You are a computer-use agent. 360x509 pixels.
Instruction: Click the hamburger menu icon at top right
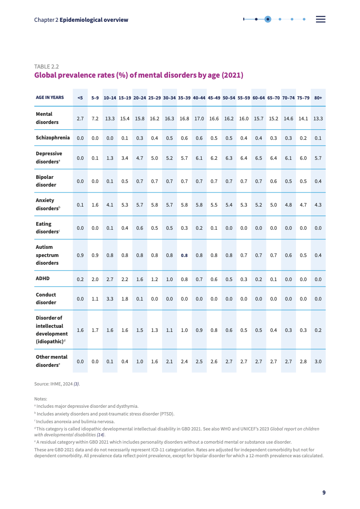[321, 19]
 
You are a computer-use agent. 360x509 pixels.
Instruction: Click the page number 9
[324, 493]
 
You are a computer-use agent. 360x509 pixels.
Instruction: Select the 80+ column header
[318, 98]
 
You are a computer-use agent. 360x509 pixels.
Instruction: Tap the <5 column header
[80, 98]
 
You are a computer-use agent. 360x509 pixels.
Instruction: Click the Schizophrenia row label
[53, 138]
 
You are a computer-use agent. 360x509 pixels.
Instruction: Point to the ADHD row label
[43, 279]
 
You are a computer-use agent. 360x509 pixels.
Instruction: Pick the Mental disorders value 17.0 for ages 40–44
[199, 119]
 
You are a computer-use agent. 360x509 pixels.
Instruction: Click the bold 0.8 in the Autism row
[184, 255]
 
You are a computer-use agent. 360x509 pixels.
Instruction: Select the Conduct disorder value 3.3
[110, 299]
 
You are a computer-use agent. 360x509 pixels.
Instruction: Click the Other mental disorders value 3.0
[318, 361]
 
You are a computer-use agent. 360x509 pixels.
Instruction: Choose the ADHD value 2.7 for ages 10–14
[110, 279]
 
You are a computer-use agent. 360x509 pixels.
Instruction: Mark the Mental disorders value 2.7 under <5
[80, 119]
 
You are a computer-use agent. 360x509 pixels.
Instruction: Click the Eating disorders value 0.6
[139, 228]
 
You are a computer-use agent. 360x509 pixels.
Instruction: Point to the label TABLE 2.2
[47, 66]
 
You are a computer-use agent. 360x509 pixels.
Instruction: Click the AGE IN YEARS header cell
[50, 98]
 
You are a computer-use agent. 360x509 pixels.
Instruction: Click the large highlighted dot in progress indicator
[268, 19]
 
